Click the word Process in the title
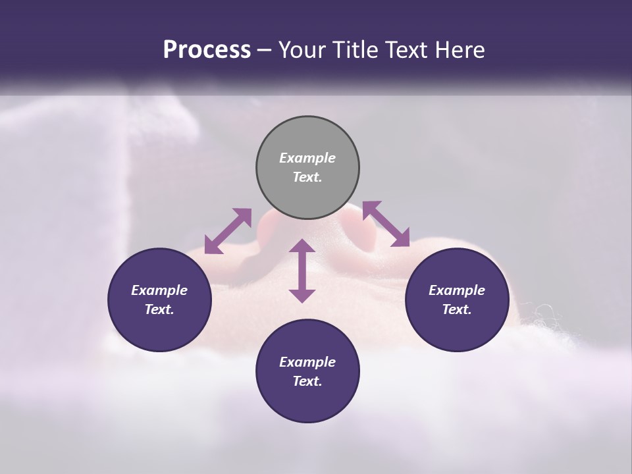pos(207,50)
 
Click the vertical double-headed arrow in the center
pos(302,271)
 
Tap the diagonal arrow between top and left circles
pos(228,231)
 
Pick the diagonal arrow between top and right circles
pos(386,224)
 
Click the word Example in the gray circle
pos(307,158)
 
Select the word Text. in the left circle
pos(159,309)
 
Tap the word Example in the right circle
pos(457,290)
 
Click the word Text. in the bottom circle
pos(307,381)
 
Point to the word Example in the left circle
pos(159,290)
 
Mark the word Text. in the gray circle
pos(307,177)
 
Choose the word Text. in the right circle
pos(457,309)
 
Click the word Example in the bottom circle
pos(307,362)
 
